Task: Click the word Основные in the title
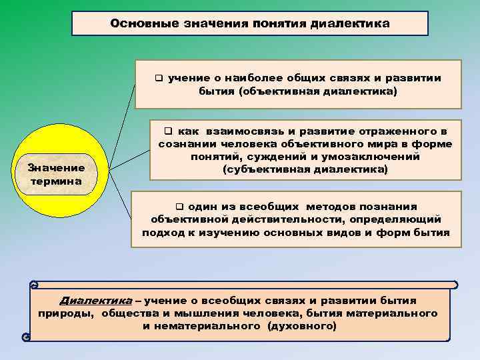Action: pyautogui.click(x=141, y=23)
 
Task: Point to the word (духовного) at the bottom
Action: pyautogui.click(x=302, y=326)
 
